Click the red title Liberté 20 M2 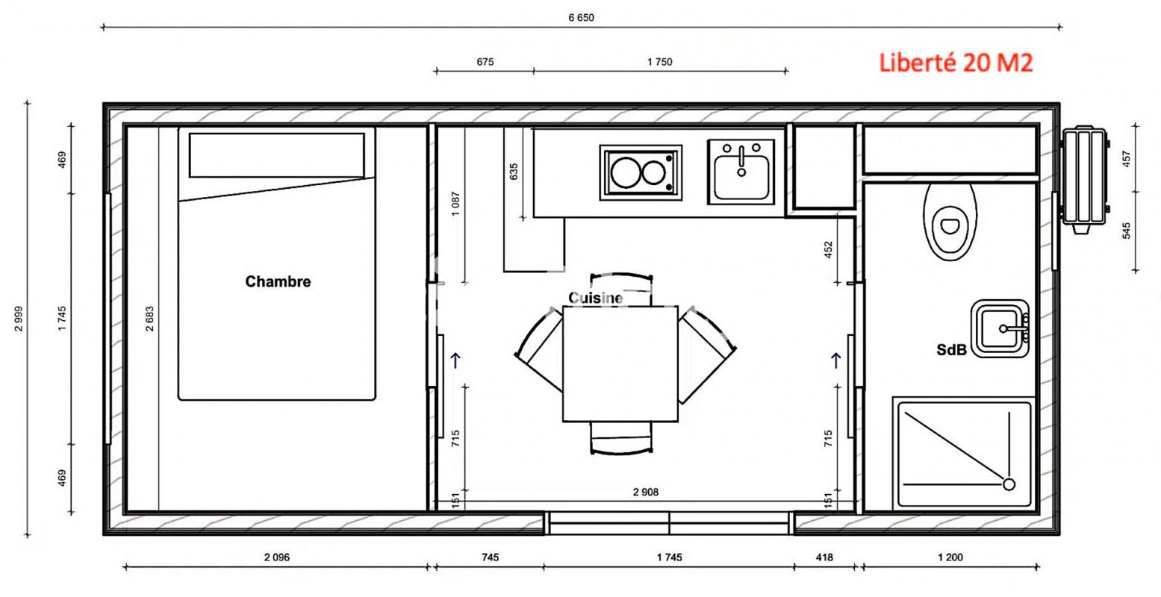pyautogui.click(x=956, y=63)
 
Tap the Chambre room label pyautogui.click(x=278, y=281)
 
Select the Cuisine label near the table pyautogui.click(x=596, y=298)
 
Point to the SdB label pyautogui.click(x=952, y=350)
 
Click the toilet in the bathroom pyautogui.click(x=950, y=222)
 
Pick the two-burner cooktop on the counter pyautogui.click(x=641, y=172)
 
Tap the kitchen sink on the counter pyautogui.click(x=741, y=172)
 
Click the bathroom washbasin pyautogui.click(x=1000, y=328)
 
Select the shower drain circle pyautogui.click(x=1009, y=484)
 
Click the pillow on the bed pyautogui.click(x=277, y=155)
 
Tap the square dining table pyautogui.click(x=620, y=364)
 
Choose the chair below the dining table pyautogui.click(x=621, y=438)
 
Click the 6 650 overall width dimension pyautogui.click(x=581, y=18)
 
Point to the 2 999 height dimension pyautogui.click(x=19, y=319)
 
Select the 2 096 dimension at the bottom pyautogui.click(x=277, y=557)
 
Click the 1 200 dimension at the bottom pyautogui.click(x=950, y=557)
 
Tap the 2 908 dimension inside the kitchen pyautogui.click(x=645, y=492)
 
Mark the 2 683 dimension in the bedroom pyautogui.click(x=149, y=319)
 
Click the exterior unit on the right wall pyautogui.click(x=1084, y=179)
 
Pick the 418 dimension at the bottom pyautogui.click(x=824, y=557)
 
